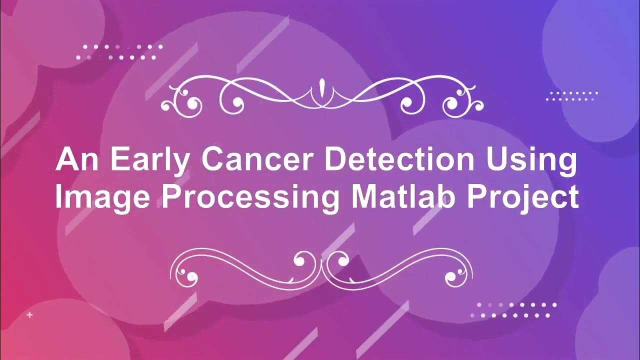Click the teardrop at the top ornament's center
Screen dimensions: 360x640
(x=321, y=88)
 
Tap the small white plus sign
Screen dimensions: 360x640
(x=30, y=315)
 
